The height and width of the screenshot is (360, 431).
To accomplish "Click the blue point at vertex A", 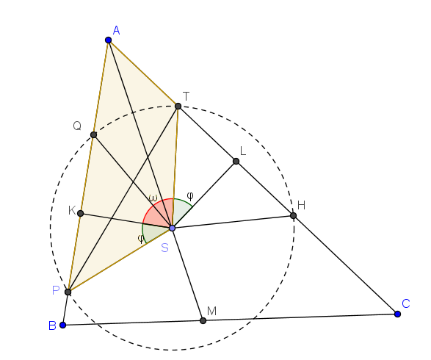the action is pyautogui.click(x=108, y=40).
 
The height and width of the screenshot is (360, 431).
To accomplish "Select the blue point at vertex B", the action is pyautogui.click(x=62, y=325).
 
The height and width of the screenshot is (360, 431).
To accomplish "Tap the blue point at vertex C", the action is pyautogui.click(x=397, y=314).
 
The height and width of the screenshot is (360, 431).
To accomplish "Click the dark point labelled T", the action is pyautogui.click(x=178, y=106).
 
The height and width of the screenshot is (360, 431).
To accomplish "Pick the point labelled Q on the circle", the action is pyautogui.click(x=93, y=134).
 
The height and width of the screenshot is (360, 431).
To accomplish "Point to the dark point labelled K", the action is pyautogui.click(x=80, y=213).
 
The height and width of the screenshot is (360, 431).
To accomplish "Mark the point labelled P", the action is pyautogui.click(x=68, y=292).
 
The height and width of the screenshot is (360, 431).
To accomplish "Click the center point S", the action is pyautogui.click(x=173, y=228).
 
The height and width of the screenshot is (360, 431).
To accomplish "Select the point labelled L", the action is pyautogui.click(x=236, y=161).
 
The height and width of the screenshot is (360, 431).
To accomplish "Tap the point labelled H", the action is pyautogui.click(x=293, y=215).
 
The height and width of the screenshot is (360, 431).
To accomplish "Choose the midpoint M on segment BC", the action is pyautogui.click(x=203, y=320).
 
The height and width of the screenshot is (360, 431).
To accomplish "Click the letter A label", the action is pyautogui.click(x=116, y=30).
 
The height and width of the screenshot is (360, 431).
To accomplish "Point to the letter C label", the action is pyautogui.click(x=406, y=304).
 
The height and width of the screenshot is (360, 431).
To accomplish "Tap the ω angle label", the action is pyautogui.click(x=153, y=198).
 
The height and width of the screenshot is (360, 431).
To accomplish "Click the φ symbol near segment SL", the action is pyautogui.click(x=190, y=196).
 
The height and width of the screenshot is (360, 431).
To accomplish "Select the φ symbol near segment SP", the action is pyautogui.click(x=141, y=239).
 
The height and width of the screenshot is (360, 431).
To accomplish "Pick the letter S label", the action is pyautogui.click(x=164, y=248).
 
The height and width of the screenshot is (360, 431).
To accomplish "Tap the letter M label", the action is pyautogui.click(x=211, y=311).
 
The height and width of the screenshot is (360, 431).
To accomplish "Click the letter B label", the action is pyautogui.click(x=52, y=325).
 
